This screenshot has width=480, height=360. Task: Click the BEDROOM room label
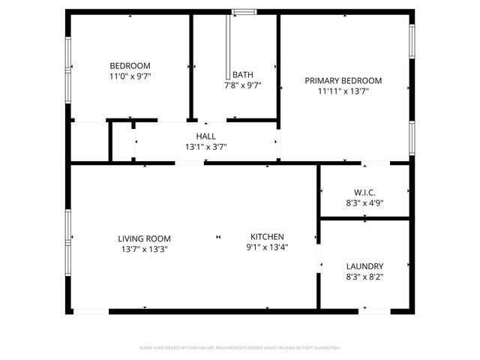[130, 65]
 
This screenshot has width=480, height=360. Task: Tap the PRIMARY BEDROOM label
[343, 81]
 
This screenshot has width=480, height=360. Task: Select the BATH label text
[242, 74]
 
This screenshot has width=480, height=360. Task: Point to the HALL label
[205, 136]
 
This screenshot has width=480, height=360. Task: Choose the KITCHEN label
[267, 237]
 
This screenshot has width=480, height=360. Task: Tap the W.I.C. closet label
[365, 192]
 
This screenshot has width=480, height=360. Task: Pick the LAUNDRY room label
[365, 266]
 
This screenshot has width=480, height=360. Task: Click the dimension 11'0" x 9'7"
[130, 76]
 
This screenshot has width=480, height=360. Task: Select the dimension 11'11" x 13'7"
[343, 91]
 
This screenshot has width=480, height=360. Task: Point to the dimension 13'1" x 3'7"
[205, 147]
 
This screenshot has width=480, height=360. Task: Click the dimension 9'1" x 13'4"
[267, 247]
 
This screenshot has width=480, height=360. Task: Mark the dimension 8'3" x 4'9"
[365, 202]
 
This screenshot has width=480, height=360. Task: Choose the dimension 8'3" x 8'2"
[365, 277]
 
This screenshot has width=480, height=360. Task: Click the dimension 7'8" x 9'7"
[242, 85]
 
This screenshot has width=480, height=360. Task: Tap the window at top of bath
[242, 11]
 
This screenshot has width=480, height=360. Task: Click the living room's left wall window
[68, 238]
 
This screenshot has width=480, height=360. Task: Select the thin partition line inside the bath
[228, 45]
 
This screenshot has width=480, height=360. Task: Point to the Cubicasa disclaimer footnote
[240, 348]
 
